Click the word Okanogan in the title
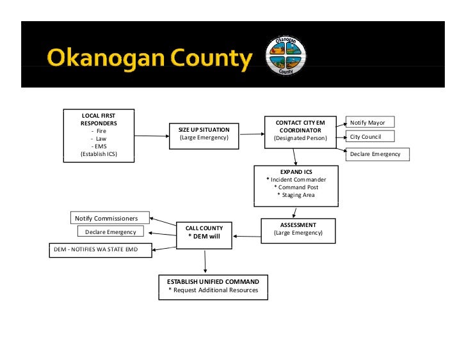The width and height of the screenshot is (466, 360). [x=92, y=59]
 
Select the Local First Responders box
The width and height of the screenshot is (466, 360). [x=99, y=134]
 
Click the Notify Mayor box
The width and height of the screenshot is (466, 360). [x=370, y=122]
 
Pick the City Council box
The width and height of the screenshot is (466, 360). [x=370, y=137]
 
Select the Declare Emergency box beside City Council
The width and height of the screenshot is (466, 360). [x=378, y=154]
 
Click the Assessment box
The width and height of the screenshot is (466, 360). [x=298, y=230]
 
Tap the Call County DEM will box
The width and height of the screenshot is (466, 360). [x=204, y=233]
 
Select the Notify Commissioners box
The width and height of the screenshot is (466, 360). [x=109, y=219]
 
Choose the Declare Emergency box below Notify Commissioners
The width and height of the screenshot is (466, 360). [x=111, y=232]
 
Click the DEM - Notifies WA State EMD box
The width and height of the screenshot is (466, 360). [x=100, y=248]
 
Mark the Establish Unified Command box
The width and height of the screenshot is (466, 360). [x=213, y=286]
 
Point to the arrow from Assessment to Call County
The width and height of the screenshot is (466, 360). [x=246, y=236]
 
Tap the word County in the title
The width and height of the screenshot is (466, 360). [x=205, y=59]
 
